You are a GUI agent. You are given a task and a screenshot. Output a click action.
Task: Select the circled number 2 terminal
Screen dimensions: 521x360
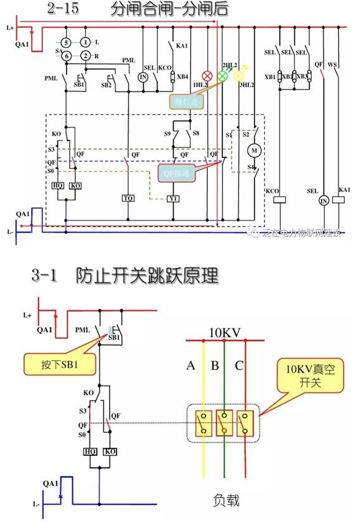(84, 56)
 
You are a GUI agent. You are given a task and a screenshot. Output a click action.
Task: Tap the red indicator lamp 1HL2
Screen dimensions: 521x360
(207, 75)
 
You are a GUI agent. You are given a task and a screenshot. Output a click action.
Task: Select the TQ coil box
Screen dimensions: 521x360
(128, 198)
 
